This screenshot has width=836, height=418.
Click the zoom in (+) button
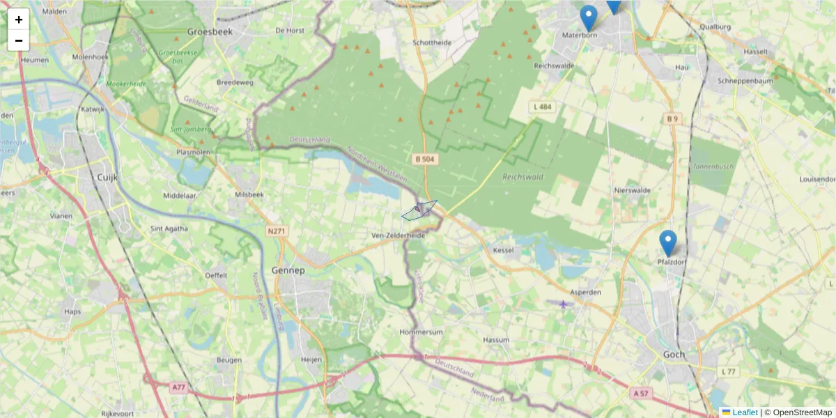[19, 20]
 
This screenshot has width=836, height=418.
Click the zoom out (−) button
[19, 40]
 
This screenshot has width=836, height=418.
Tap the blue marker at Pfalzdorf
[667, 243]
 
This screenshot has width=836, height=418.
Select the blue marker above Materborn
[589, 18]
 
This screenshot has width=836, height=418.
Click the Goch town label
[674, 355]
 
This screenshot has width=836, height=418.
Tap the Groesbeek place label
[210, 31]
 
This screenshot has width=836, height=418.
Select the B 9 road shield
[672, 119]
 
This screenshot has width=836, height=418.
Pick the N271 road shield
[277, 231]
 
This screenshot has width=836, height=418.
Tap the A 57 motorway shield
[641, 394]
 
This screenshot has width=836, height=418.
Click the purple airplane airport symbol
[562, 304]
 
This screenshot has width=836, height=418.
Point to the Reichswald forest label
[522, 177]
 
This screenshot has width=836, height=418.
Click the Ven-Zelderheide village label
[398, 236]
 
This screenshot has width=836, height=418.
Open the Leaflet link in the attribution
[745, 412]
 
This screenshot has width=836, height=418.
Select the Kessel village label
[503, 249]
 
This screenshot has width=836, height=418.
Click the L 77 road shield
[729, 372]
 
